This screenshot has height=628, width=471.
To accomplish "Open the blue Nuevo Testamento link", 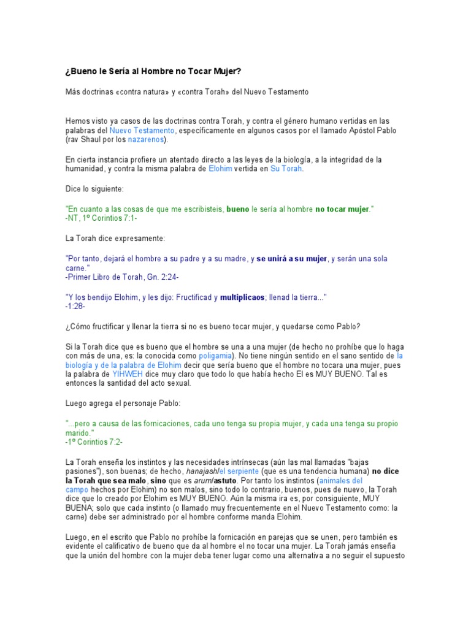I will click(x=142, y=131).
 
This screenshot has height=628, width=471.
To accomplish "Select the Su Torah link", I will click(x=286, y=169).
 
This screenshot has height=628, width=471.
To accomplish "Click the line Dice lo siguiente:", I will click(x=94, y=189).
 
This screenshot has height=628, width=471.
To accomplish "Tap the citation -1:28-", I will click(x=75, y=305).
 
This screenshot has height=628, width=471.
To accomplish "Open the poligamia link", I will click(x=215, y=356).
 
